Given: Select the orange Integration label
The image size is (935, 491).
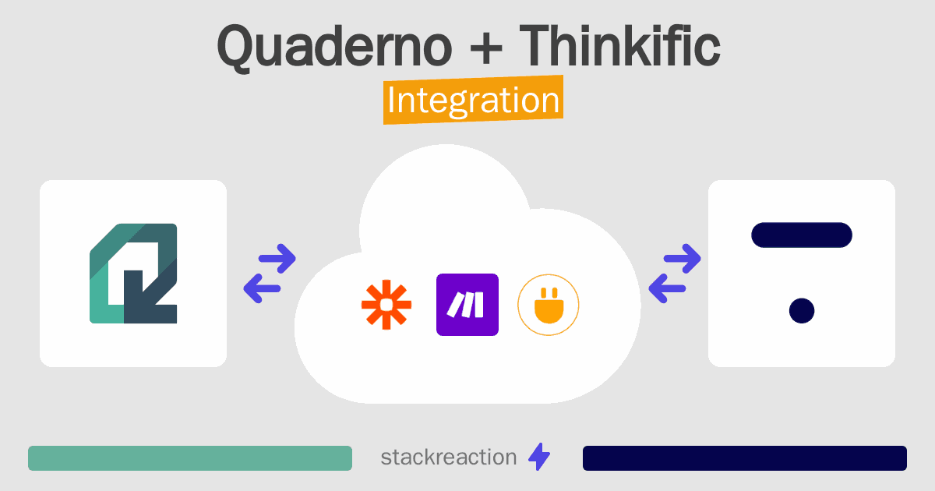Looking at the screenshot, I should point(473,101).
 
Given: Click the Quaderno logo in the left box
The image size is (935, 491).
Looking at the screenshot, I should point(133,274).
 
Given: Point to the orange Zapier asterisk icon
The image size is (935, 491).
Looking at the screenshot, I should point(386,305).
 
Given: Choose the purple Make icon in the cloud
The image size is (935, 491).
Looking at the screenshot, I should point(467,305).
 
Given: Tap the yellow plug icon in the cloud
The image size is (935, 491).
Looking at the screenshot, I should point(549,305).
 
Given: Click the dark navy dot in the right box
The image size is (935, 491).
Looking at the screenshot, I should point(801,310).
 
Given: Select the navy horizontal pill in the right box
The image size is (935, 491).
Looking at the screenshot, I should point(801,235).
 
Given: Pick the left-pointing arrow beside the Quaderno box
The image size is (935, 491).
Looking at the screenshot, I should point(263,288).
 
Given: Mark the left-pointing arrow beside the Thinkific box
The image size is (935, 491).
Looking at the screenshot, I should point(669,288).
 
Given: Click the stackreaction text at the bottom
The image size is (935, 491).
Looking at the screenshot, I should point(448,457).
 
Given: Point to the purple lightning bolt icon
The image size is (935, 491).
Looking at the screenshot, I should point(539,457).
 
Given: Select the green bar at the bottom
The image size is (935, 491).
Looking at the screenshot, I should point(190,458).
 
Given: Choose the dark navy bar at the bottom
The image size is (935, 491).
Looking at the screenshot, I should point(744,458).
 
